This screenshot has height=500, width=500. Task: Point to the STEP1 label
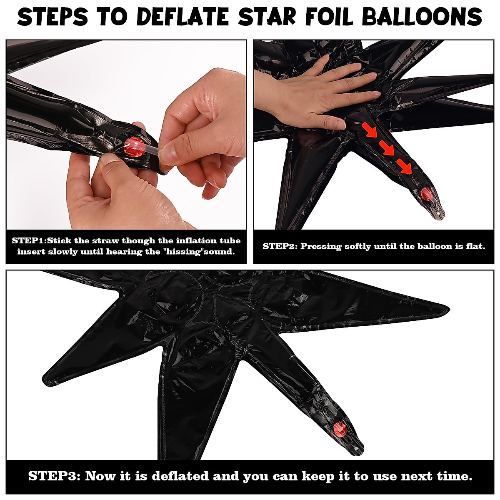(x=29, y=240)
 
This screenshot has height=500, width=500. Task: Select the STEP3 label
(x=54, y=476)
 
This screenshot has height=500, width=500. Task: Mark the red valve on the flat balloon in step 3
(x=340, y=428)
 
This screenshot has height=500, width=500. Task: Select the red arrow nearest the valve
(x=404, y=166)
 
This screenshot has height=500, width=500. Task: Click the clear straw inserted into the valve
(x=148, y=148)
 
